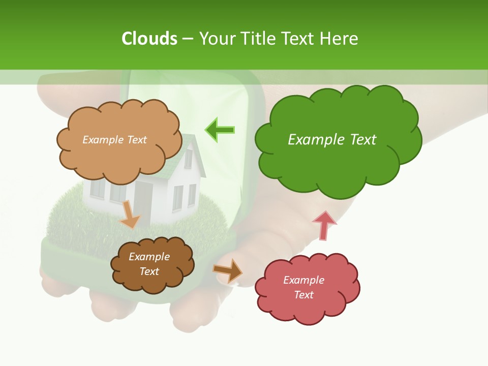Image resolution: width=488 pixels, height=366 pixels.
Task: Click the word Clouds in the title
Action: pyautogui.click(x=149, y=39)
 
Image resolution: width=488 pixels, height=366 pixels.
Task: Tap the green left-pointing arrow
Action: pyautogui.click(x=220, y=130)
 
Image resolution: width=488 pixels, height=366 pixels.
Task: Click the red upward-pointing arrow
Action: pyautogui.click(x=324, y=225)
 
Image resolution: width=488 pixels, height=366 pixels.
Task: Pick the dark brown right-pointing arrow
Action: pyautogui.click(x=228, y=270)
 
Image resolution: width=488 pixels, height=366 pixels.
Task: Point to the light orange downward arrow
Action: pyautogui.click(x=130, y=215)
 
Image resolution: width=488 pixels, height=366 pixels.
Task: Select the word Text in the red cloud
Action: pyautogui.click(x=303, y=295)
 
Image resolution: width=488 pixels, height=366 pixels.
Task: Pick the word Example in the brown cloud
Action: pyautogui.click(x=149, y=257)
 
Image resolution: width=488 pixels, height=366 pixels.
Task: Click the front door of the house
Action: pyautogui.click(x=143, y=200)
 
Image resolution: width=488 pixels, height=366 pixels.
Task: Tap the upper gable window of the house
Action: pyautogui.click(x=188, y=159)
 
